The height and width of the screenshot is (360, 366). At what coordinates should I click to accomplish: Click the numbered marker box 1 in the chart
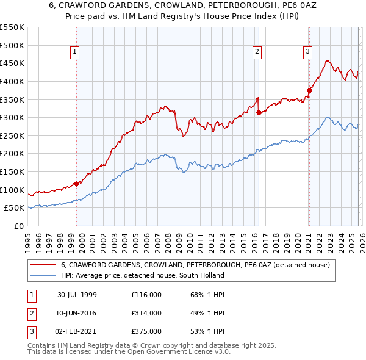coord(74,52)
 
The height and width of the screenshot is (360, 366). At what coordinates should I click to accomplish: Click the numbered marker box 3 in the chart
coord(307,52)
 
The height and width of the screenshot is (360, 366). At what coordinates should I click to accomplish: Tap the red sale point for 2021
coord(309,90)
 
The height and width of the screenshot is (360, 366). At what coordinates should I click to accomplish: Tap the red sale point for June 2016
coord(259,112)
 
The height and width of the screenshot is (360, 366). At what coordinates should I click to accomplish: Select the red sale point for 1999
coord(77,183)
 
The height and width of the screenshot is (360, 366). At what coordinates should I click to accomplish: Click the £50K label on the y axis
coord(15,208)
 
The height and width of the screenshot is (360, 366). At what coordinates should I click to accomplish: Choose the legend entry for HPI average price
coord(142,275)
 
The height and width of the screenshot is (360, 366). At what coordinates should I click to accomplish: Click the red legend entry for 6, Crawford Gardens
coord(195,265)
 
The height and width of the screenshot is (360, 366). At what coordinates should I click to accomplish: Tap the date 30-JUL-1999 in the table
coord(77,295)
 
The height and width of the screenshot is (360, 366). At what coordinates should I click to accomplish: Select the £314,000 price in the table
coord(146,313)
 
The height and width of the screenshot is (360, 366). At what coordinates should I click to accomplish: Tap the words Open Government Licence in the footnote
coord(184,352)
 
